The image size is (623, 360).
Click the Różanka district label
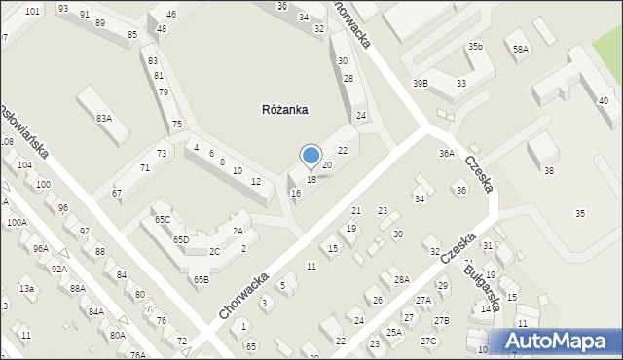tap(285, 110)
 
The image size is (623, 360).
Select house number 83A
tap(104, 118)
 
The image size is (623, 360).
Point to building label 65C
tap(162, 220)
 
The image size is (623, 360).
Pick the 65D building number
tap(181, 239)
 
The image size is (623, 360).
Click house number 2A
tap(238, 232)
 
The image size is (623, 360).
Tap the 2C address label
tap(214, 252)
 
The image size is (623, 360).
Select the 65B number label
tap(201, 280)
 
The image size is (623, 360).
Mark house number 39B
tap(420, 84)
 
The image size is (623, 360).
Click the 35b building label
tap(474, 47)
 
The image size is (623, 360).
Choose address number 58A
tap(521, 49)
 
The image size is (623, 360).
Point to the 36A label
tap(446, 153)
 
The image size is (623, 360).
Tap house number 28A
tap(401, 280)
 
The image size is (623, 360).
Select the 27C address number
tap(428, 341)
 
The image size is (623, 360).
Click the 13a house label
tap(27, 289)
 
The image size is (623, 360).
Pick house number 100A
tap(17, 222)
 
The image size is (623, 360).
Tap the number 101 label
tap(33, 12)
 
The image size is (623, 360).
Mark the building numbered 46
tap(171, 15)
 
